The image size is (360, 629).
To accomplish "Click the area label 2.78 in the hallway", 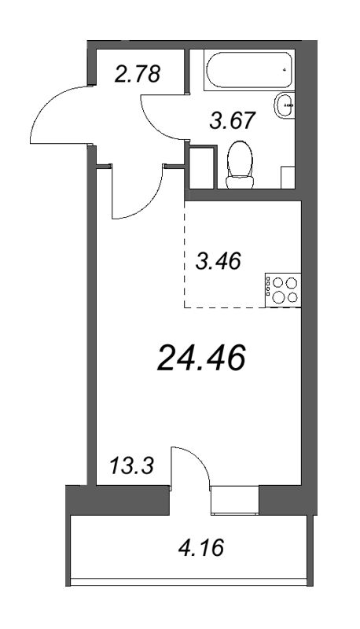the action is (137, 74).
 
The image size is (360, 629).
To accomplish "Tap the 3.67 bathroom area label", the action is (233, 120).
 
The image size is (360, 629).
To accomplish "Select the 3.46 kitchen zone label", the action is (218, 261).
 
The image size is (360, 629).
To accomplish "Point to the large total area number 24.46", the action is (201, 359).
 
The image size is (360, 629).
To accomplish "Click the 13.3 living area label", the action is (132, 466).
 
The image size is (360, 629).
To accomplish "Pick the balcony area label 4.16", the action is (201, 547).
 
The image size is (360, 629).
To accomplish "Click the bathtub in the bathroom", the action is (248, 70).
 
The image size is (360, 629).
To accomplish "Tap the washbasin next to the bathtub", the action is (285, 105).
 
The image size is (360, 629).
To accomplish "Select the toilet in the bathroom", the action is (240, 164).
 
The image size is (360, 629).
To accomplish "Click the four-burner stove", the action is (283, 290).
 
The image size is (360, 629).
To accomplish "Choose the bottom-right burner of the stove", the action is (293, 297).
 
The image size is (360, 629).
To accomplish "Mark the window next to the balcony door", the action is (235, 500).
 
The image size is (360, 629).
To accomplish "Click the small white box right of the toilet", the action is (288, 178).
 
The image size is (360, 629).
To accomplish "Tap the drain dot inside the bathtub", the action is (285, 69).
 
